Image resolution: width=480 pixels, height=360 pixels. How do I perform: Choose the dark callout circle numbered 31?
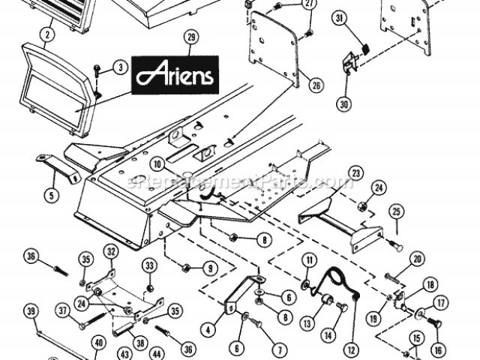[x=338, y=19]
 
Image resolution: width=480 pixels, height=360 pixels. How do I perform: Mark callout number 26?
[x=316, y=85]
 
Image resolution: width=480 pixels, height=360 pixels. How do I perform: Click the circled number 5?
[x=52, y=196]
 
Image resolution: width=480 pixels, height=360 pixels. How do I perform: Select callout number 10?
[x=157, y=163]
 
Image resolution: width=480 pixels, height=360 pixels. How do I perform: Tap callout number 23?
[x=355, y=172]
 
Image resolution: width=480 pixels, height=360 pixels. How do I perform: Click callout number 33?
[x=148, y=266]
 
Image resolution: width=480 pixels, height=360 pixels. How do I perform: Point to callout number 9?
[x=210, y=267]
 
